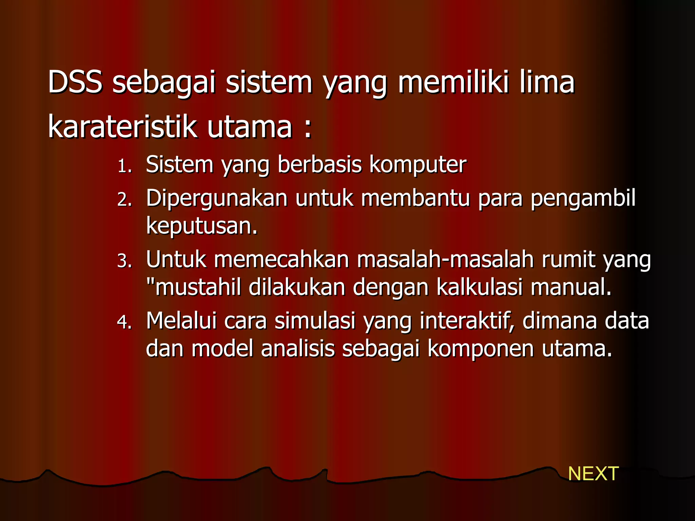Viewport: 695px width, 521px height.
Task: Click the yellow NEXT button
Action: coord(593,474)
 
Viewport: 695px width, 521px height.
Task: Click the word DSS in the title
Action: coord(75,82)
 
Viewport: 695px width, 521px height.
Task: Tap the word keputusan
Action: coord(202,227)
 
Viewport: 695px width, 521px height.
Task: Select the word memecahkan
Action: coord(281,259)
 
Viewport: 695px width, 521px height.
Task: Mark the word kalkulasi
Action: coord(479,287)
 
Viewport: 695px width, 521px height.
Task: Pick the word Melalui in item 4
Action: coord(181,321)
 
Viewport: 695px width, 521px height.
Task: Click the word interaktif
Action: coord(467,321)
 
